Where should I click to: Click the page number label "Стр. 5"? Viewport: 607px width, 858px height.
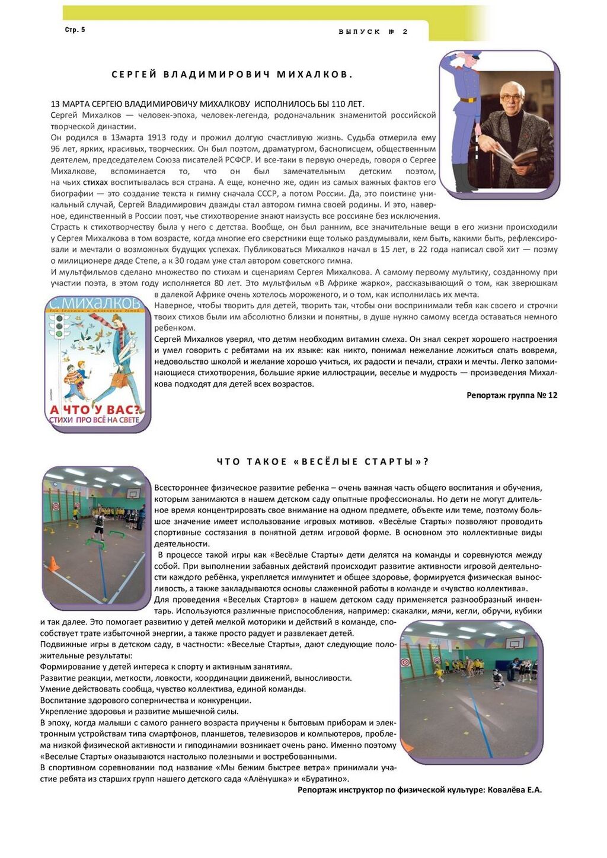[x=75, y=30]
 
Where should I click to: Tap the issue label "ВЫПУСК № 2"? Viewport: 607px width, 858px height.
[x=373, y=32]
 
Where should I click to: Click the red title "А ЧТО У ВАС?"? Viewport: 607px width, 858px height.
[x=96, y=409]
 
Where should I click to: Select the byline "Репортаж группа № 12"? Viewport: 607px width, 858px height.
[x=512, y=395]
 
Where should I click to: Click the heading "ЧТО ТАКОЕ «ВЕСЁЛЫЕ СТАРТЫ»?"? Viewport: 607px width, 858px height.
[x=322, y=462]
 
